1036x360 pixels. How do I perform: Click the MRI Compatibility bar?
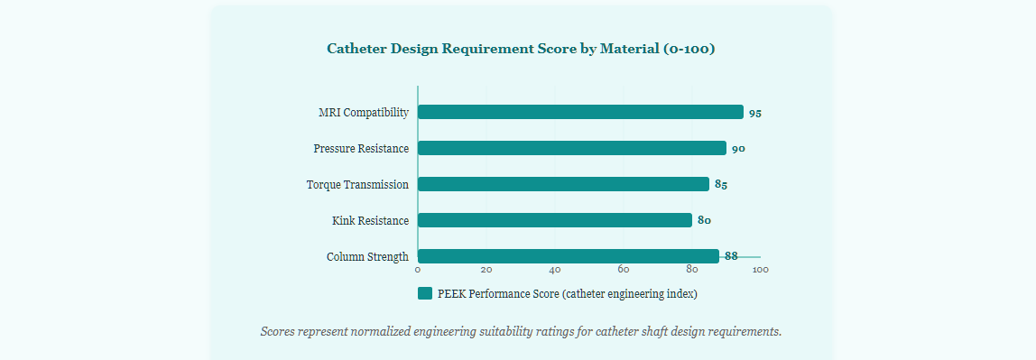(x=581, y=112)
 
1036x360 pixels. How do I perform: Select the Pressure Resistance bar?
(x=572, y=148)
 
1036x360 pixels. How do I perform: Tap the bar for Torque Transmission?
(x=564, y=184)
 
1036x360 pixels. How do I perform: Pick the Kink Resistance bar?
(x=555, y=220)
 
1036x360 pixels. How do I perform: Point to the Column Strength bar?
(x=569, y=256)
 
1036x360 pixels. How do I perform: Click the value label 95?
(x=755, y=114)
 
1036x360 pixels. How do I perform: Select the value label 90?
(x=739, y=149)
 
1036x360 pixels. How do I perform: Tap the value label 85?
(x=721, y=185)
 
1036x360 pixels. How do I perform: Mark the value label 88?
(x=731, y=256)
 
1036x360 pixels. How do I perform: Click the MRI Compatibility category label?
(x=364, y=113)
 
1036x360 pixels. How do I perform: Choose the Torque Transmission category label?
(x=357, y=185)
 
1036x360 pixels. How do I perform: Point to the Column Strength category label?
(x=367, y=257)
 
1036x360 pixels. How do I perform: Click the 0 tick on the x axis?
(x=418, y=270)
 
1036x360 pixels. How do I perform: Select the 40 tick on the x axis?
(x=555, y=270)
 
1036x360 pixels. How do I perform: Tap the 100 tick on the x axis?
(x=761, y=270)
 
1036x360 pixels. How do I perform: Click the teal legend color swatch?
(x=425, y=293)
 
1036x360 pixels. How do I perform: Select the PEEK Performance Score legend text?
(x=568, y=294)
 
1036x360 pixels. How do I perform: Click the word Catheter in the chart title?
(x=356, y=49)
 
